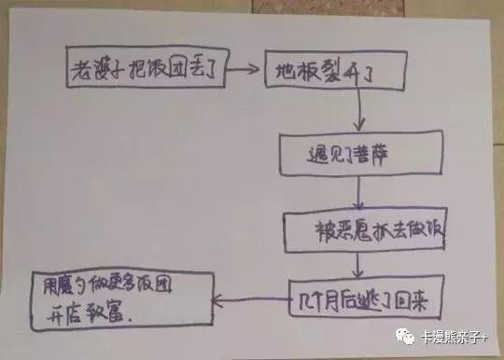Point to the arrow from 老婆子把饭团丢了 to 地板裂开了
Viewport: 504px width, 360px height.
pyautogui.click(x=245, y=67)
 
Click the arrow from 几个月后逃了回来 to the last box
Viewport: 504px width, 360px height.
pyautogui.click(x=248, y=298)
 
